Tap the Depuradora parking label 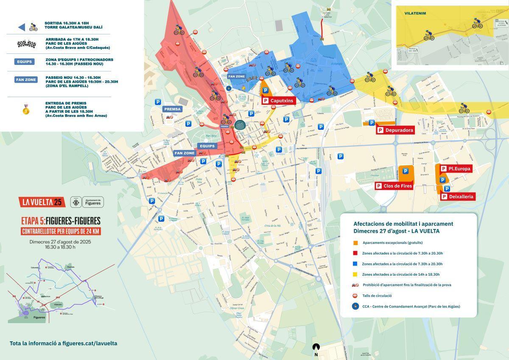(x=395, y=131)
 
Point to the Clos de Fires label (x=394, y=186)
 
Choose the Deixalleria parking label (x=457, y=196)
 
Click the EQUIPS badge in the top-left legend (x=25, y=61)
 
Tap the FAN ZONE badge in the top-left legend (x=25, y=79)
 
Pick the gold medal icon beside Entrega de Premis (x=26, y=109)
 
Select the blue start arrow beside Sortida (x=21, y=28)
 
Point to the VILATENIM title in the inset (x=415, y=14)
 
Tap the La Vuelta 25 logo (x=42, y=202)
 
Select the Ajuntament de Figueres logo (x=87, y=202)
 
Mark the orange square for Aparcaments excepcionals (x=355, y=243)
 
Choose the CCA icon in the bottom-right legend (x=355, y=306)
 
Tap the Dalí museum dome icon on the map (x=240, y=125)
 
